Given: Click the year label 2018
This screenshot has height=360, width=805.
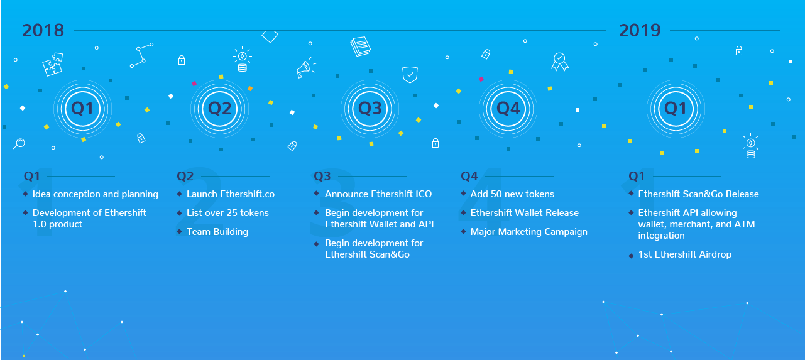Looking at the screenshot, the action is pos(43,30).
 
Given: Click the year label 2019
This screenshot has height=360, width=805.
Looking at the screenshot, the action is pos(640,30).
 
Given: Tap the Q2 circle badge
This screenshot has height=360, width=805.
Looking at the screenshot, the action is pos(219,109).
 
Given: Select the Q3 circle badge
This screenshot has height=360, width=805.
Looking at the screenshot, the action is pos(370,109).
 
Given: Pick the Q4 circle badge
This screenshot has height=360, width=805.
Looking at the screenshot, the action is pos(508,109).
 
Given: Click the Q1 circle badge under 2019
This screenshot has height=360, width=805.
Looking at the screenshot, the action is pos(676,109).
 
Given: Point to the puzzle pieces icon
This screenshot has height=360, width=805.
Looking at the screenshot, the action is pos(52,64).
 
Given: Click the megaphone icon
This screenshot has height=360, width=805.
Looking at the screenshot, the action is pos(305,68).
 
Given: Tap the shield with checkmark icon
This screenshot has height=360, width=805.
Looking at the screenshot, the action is pos(410,74).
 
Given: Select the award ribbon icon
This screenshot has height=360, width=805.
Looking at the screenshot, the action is pos(559,62).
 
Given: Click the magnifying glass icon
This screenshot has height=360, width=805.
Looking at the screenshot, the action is pos(19,143).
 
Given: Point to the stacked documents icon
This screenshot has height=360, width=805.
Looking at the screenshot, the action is pos(361,46).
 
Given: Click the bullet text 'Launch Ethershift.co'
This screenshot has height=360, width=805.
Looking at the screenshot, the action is pos(231,194).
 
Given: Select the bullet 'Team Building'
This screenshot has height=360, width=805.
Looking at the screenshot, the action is pos(217,232).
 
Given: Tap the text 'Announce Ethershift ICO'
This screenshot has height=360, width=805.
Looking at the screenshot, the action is pos(378,194).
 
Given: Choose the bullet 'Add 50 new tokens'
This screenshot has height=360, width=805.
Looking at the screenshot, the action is pos(512,194).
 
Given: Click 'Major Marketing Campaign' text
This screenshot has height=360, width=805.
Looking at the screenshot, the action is pos(528,232).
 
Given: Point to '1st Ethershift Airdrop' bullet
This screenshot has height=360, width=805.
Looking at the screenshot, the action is pos(684,254).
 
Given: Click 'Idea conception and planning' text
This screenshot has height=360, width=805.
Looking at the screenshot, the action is pos(96,194).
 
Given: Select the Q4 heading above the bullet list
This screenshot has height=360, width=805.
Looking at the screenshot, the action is pos(469,176).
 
